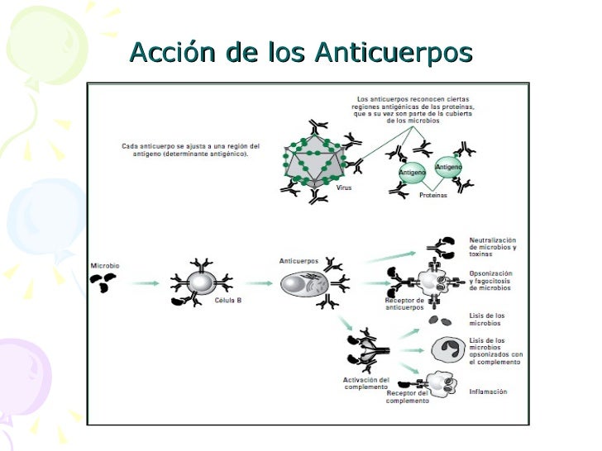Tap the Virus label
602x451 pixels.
344,188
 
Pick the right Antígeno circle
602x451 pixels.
448,168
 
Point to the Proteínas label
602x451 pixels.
432,196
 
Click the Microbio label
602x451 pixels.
104,265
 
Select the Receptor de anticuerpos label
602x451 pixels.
404,304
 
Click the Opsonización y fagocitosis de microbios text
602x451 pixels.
491,280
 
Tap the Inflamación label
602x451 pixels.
488,392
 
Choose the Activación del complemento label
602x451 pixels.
365,383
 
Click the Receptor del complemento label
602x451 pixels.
408,397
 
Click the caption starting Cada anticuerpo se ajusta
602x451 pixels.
191,151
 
